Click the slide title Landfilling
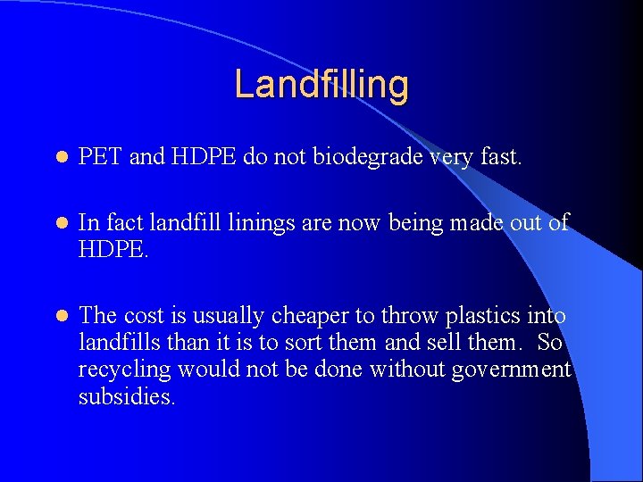coord(321,85)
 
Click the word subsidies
coord(126,396)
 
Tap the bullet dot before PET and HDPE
coord(60,159)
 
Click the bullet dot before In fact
coord(60,224)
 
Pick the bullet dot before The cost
coord(60,316)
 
